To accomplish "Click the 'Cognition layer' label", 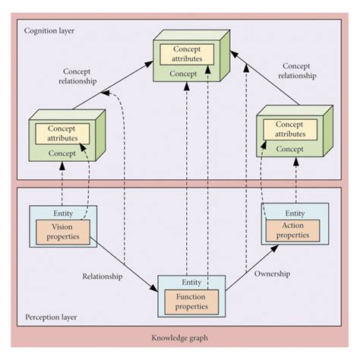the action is [49, 31].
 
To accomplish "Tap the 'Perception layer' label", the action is [51, 317].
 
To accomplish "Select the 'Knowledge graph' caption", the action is [180, 338].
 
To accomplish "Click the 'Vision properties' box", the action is [63, 232].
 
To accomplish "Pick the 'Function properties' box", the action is [191, 302].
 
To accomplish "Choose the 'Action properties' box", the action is [292, 231].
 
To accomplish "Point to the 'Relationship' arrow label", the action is [103, 276].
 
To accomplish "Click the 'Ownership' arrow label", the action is [272, 273].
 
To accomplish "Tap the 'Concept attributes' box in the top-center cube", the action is [187, 54].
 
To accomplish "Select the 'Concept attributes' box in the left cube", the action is [62, 134].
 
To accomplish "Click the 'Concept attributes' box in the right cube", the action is [290, 129].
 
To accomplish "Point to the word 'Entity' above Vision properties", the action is [63, 213].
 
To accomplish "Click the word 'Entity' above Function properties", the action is [191, 283].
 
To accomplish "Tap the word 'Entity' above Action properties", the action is [295, 213].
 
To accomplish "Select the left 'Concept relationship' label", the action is [77, 76].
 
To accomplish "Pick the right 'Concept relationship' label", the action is [297, 71].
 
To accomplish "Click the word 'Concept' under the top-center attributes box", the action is [183, 74].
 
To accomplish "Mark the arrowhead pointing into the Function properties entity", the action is [153, 288].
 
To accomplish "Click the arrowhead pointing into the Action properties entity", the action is [274, 248].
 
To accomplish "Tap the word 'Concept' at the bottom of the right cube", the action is [289, 149].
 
